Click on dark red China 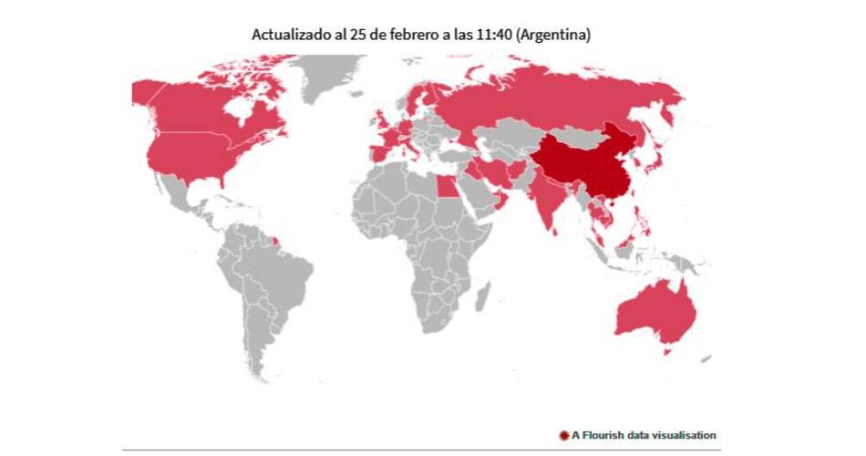pos(583,169)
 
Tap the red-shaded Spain pos(378,152)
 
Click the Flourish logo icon pos(563,435)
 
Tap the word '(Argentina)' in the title pos(556,34)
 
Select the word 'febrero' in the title pos(407,34)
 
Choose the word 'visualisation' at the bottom pos(685,435)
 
